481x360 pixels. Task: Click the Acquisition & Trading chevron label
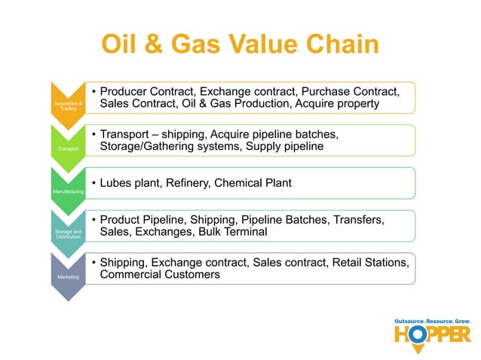[65, 106]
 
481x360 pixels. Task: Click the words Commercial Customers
[160, 275]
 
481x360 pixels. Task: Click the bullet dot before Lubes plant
[93, 184]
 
